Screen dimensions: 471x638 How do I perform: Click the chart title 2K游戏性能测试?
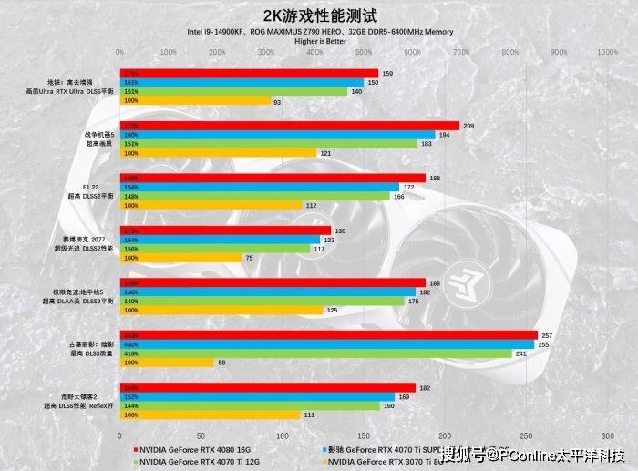319,15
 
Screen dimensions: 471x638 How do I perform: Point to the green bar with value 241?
315,353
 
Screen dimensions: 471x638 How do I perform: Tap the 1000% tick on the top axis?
607,52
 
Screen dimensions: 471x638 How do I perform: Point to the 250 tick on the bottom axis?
526,434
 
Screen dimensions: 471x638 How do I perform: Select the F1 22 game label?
90,188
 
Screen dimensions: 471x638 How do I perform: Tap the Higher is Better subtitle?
319,41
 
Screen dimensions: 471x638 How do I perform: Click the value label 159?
387,73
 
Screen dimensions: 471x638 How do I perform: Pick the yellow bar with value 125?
221,310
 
